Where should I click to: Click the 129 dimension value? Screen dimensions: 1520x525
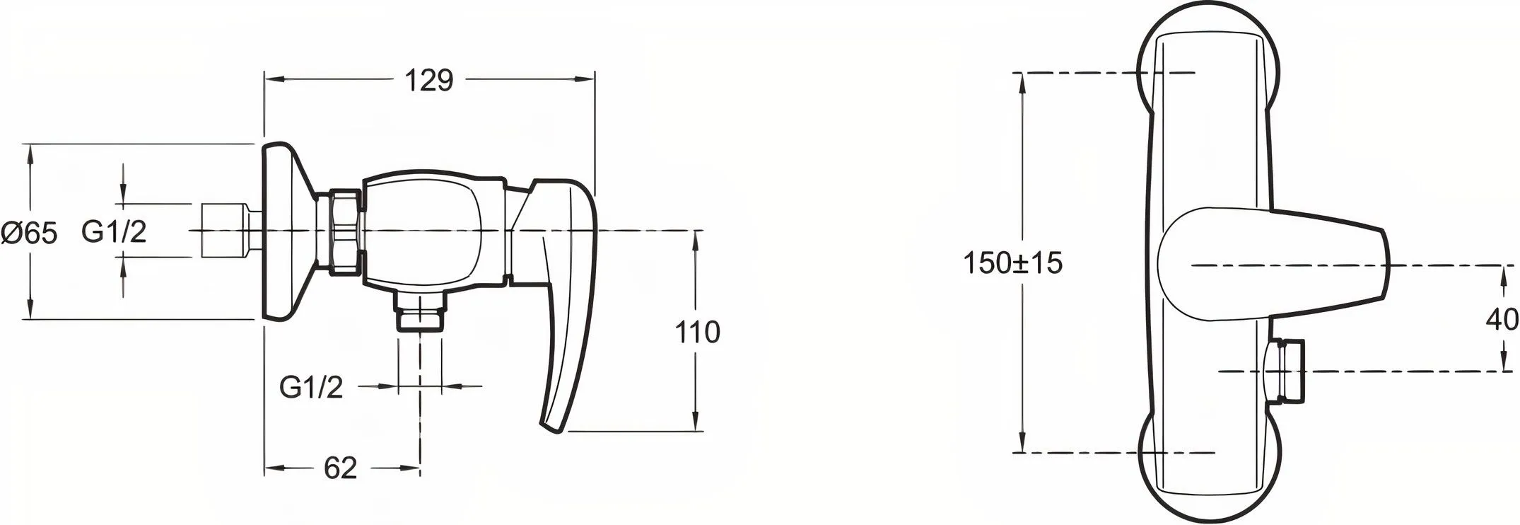pyautogui.click(x=428, y=80)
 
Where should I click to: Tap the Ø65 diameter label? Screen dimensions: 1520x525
pyautogui.click(x=29, y=232)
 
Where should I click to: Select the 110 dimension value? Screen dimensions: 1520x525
pyautogui.click(x=697, y=332)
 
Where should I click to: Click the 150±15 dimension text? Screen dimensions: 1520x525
pyautogui.click(x=1013, y=264)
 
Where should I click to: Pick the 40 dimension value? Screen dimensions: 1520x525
pyautogui.click(x=1502, y=320)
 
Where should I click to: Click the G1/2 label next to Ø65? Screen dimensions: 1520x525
pyautogui.click(x=114, y=232)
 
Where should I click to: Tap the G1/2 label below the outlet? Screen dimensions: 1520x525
pyautogui.click(x=312, y=387)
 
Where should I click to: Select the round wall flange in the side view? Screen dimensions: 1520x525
pyautogui.click(x=286, y=231)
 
